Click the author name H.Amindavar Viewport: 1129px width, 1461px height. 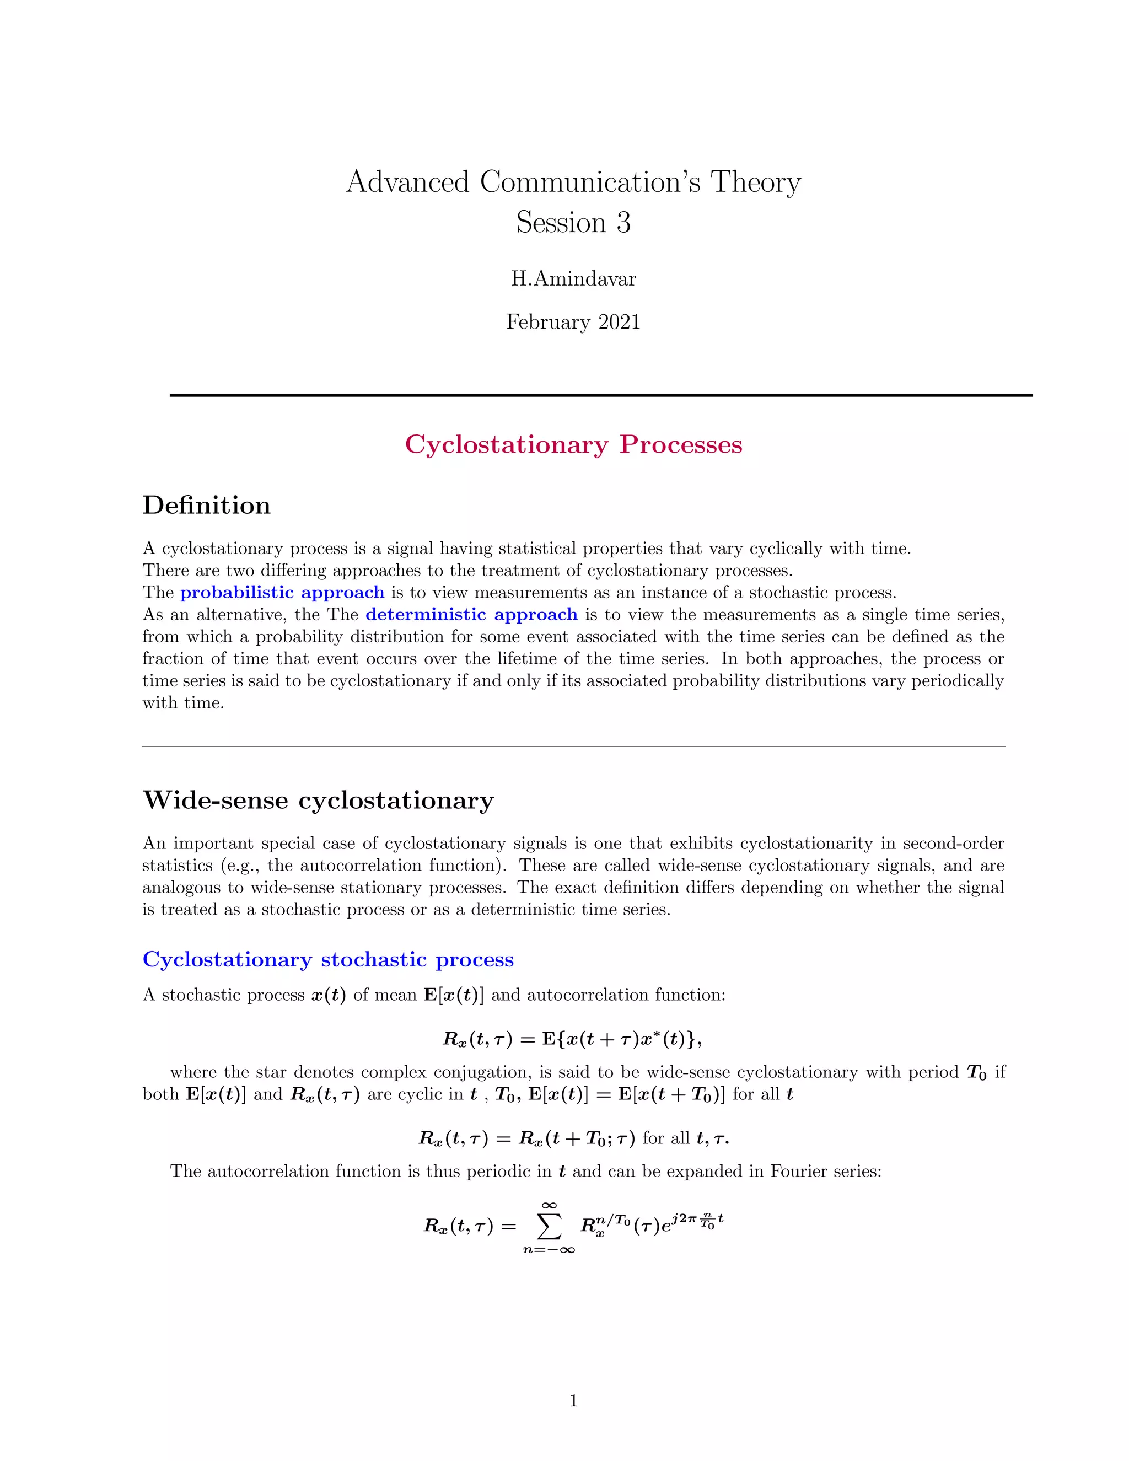coord(573,278)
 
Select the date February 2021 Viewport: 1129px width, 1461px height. coord(573,323)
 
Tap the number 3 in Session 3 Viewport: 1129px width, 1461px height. coord(623,223)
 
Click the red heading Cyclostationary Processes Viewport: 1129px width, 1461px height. coord(573,445)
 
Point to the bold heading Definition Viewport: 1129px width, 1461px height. coord(207,506)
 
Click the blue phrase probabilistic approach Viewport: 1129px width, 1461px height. coord(282,593)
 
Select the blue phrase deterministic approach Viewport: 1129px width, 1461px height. coord(471,615)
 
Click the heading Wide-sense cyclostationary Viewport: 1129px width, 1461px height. coord(319,800)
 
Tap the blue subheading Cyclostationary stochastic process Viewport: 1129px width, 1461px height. coord(329,960)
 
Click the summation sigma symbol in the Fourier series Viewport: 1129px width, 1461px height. coord(549,1226)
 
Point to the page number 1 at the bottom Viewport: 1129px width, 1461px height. coord(573,1401)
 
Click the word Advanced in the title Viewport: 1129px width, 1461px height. coord(407,182)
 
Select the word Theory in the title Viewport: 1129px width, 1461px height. coord(755,182)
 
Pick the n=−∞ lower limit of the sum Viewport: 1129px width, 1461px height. coord(549,1250)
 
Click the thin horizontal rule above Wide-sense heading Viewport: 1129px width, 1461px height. coord(573,746)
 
